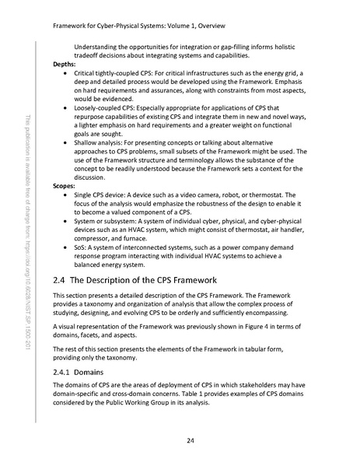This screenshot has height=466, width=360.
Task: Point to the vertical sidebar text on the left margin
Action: [x=29, y=233]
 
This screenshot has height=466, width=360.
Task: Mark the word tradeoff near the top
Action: [x=87, y=54]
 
